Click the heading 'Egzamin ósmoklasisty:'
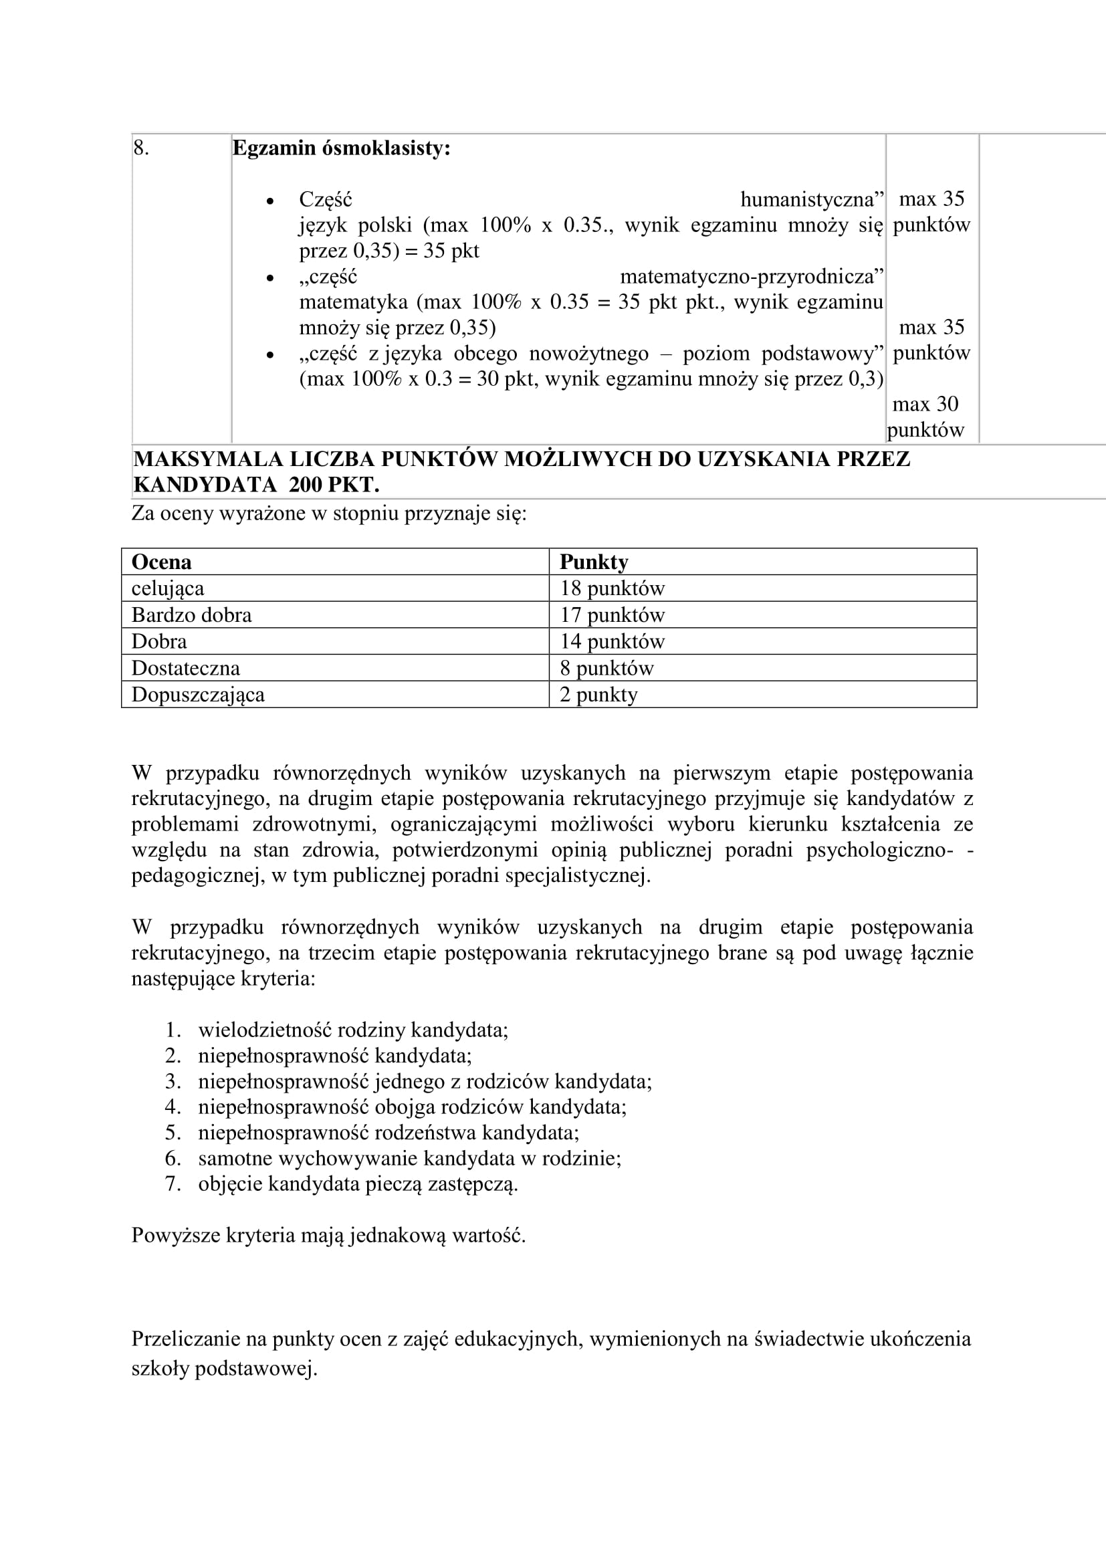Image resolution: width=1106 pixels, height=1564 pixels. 341,148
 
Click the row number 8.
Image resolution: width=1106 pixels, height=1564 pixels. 140,148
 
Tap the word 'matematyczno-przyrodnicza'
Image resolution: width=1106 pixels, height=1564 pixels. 751,277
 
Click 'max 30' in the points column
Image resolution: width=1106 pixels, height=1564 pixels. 925,404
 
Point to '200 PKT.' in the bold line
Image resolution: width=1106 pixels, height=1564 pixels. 334,484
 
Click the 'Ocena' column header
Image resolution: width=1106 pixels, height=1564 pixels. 161,562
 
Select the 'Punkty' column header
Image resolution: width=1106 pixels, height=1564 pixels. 593,562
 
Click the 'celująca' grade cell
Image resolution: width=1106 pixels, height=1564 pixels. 168,588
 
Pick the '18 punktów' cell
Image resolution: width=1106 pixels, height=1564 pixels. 612,588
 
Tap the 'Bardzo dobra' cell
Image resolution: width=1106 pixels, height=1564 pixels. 191,615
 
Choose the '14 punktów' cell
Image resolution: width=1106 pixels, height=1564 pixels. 612,642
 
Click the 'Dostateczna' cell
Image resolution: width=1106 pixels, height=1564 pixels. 185,668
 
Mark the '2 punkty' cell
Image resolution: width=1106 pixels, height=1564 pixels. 598,695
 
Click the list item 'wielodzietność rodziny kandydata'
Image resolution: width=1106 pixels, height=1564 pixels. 353,1029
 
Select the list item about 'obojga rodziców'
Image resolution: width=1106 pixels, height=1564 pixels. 412,1107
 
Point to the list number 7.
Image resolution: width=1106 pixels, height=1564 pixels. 173,1184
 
